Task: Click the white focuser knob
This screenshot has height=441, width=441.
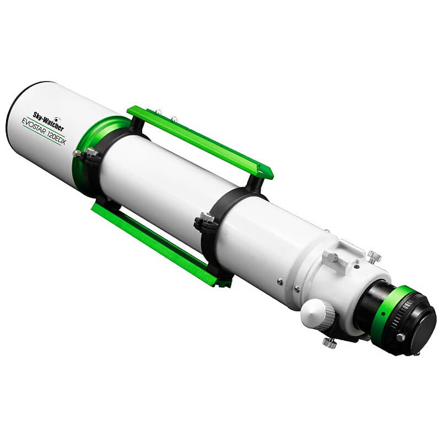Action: click(316, 314)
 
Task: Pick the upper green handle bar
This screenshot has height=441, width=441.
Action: click(198, 138)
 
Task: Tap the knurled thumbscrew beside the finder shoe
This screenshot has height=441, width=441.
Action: click(375, 256)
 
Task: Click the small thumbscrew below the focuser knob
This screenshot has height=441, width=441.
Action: click(330, 342)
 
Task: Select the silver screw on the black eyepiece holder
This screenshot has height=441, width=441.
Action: click(400, 336)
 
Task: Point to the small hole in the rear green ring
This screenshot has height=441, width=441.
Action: click(382, 313)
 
